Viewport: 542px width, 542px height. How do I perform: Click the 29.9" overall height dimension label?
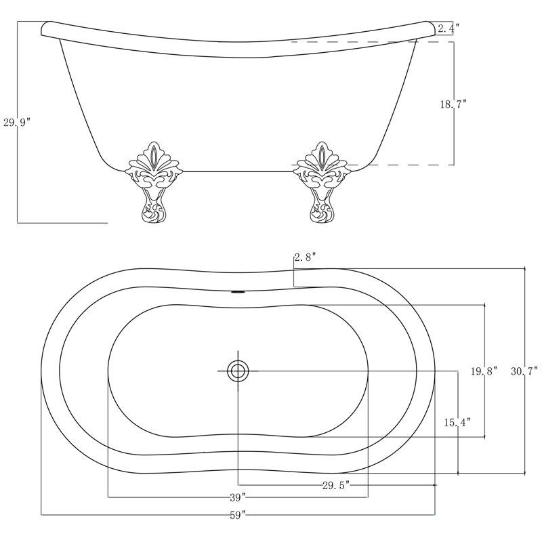point(17,122)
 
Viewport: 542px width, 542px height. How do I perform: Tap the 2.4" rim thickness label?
point(448,28)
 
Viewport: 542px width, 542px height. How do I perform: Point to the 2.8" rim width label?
point(306,257)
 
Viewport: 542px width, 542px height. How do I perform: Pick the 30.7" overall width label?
point(524,371)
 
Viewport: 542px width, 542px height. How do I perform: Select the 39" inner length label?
point(238,497)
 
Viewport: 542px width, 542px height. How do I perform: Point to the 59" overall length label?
point(238,514)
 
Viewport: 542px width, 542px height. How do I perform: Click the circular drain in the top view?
point(238,371)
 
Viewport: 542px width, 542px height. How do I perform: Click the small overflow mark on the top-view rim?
point(238,293)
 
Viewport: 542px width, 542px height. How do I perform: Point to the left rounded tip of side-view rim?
point(45,28)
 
